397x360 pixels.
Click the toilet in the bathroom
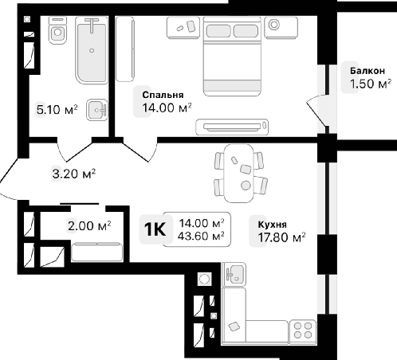click(57, 30)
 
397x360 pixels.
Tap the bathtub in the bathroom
click(92, 50)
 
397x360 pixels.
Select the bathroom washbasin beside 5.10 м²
click(97, 109)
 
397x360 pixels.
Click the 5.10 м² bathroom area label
click(57, 109)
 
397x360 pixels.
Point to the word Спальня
click(163, 95)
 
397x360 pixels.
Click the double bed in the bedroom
click(232, 57)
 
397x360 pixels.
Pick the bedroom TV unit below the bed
click(232, 127)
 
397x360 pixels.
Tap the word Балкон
click(368, 71)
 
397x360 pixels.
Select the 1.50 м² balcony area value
click(371, 84)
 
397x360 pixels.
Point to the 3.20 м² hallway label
click(74, 174)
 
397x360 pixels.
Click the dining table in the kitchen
click(239, 173)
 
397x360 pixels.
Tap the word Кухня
click(273, 225)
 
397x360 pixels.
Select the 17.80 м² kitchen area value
click(281, 237)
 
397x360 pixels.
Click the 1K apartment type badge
click(155, 229)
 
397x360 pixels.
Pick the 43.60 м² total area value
click(201, 236)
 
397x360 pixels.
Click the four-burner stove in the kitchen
click(303, 331)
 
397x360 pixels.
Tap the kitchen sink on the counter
click(234, 274)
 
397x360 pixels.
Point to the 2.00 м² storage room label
click(89, 226)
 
